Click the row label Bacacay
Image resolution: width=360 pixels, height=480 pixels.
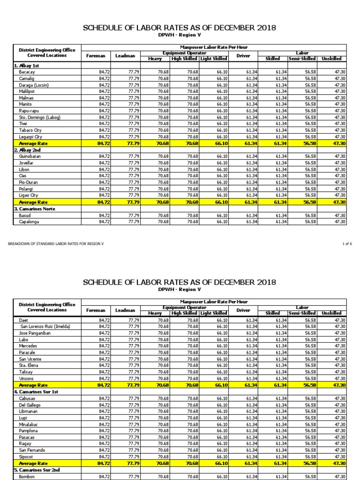27,72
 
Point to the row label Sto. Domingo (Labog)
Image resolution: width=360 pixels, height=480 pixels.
39,117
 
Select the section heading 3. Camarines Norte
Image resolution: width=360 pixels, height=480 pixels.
36,209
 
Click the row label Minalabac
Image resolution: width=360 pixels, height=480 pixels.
30,424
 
